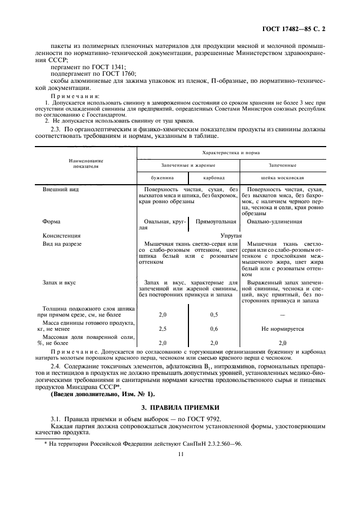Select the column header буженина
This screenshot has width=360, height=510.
[162, 178]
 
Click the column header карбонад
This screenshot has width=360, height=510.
[213, 178]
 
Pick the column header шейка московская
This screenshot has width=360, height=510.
[282, 178]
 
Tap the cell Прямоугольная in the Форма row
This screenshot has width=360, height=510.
[216, 222]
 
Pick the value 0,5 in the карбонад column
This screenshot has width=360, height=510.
[214, 315]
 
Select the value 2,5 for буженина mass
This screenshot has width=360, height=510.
[162, 329]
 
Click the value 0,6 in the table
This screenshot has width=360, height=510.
[214, 329]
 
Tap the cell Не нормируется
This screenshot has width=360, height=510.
[282, 329]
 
